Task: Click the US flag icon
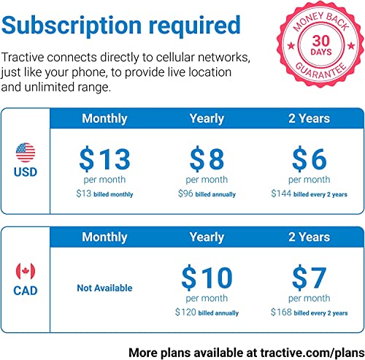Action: point(26,153)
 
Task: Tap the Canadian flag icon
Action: point(26,271)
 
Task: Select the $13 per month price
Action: point(104,158)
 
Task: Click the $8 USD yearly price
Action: point(207,158)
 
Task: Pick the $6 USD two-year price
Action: point(310,158)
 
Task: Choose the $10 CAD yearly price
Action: point(207,277)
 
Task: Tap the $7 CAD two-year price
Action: point(310,277)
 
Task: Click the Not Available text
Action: point(104,288)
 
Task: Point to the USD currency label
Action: point(26,172)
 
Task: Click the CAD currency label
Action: point(26,291)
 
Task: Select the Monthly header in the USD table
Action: point(104,118)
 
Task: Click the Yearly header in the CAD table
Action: point(207,237)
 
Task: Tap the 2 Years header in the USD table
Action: point(310,118)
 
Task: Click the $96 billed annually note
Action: point(207,194)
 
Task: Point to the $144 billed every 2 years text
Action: point(310,194)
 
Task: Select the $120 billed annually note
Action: point(207,313)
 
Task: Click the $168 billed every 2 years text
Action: point(310,313)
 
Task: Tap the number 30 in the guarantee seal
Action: point(321,41)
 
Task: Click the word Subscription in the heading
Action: point(72,26)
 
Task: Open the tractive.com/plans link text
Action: point(312,353)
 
